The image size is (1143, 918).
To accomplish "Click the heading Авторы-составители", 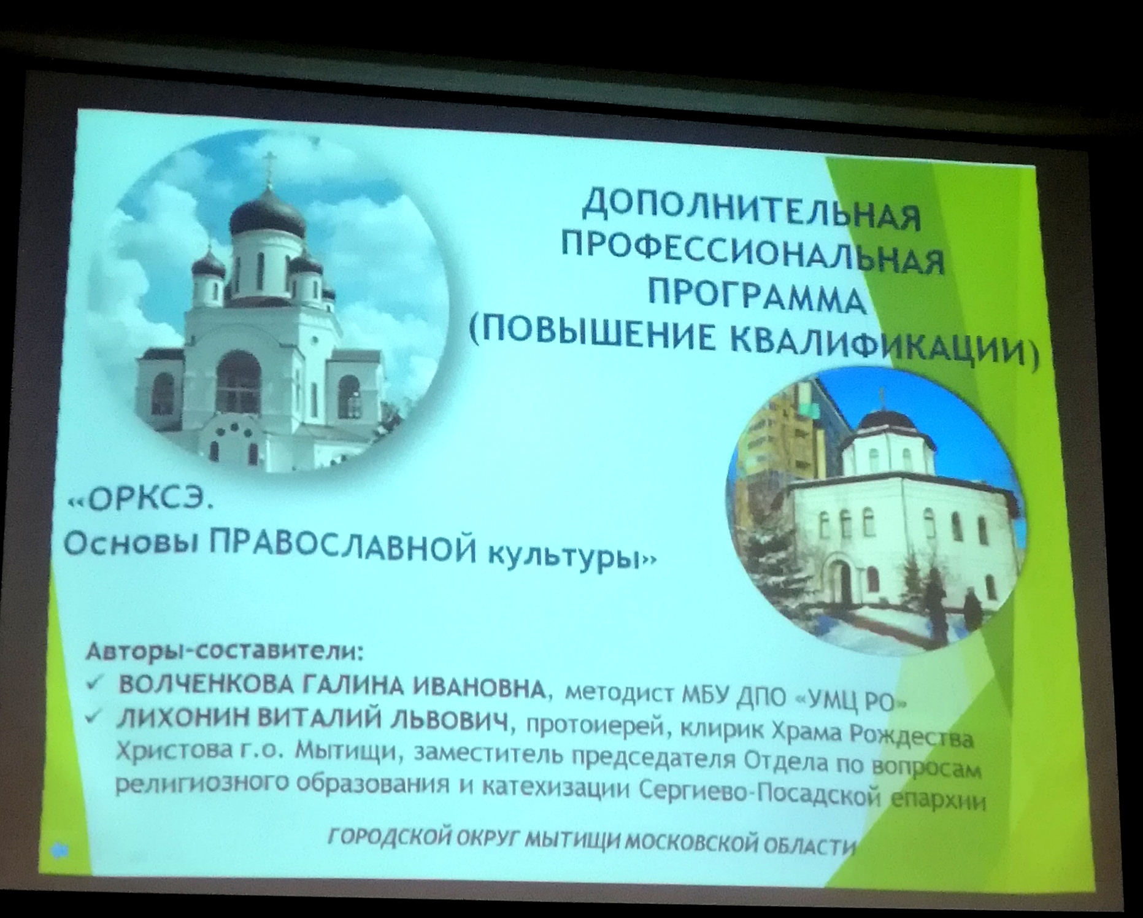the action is click(x=223, y=650).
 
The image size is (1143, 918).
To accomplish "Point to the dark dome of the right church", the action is click(x=886, y=422).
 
